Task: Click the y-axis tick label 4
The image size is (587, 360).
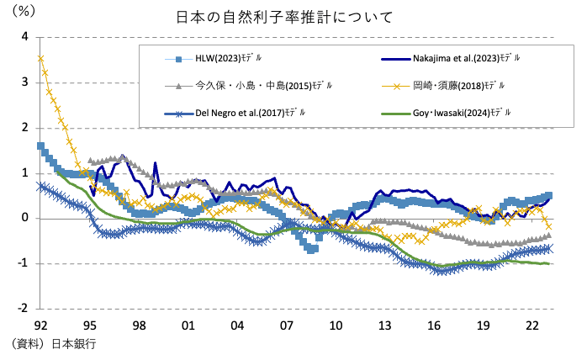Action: [25, 37]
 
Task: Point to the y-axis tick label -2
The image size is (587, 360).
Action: [23, 309]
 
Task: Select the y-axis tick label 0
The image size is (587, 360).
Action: [25, 218]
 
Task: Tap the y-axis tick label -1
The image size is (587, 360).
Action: [23, 263]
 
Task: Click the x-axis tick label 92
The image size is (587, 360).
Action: [40, 325]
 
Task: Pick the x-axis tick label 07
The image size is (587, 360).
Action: [286, 325]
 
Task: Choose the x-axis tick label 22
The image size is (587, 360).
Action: [531, 325]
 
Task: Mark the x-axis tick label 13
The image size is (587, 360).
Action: [384, 325]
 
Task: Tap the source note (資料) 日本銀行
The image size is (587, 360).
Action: [56, 344]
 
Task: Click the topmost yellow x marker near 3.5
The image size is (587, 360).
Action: [41, 58]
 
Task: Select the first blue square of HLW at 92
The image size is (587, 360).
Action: [41, 146]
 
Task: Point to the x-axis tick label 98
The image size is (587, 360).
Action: [139, 325]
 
